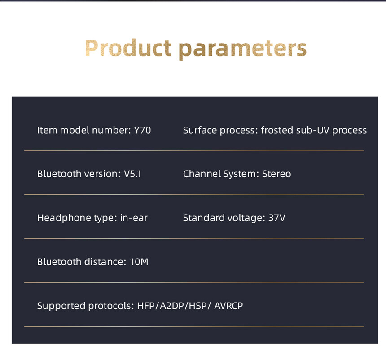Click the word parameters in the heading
coord(242,50)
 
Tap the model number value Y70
coord(142,130)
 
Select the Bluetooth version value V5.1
coord(132,174)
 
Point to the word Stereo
coord(276,174)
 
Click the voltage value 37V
coord(276,218)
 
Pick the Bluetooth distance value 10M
coord(139,262)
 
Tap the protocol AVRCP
coord(228,306)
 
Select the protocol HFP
coord(146,306)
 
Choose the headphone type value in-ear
coord(134,218)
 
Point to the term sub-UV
coord(313,130)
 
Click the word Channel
coord(202,174)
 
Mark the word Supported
coord(61,306)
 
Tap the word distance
coord(105,262)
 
